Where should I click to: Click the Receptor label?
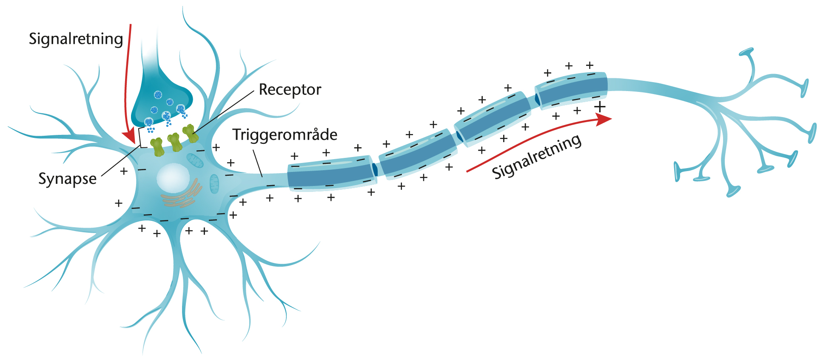[290, 90]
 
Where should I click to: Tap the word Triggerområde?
[285, 135]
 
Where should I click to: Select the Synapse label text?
[67, 179]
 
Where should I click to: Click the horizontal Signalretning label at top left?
[76, 39]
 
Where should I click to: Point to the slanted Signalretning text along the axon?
[537, 156]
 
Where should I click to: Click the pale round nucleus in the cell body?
[173, 178]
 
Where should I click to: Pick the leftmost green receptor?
[157, 147]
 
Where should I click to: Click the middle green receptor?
[174, 142]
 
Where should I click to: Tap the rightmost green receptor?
[190, 134]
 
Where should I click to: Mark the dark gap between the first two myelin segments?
[375, 169]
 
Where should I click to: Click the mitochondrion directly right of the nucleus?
[214, 183]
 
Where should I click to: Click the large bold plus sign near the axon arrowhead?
[600, 106]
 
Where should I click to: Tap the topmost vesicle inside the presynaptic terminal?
[158, 94]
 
